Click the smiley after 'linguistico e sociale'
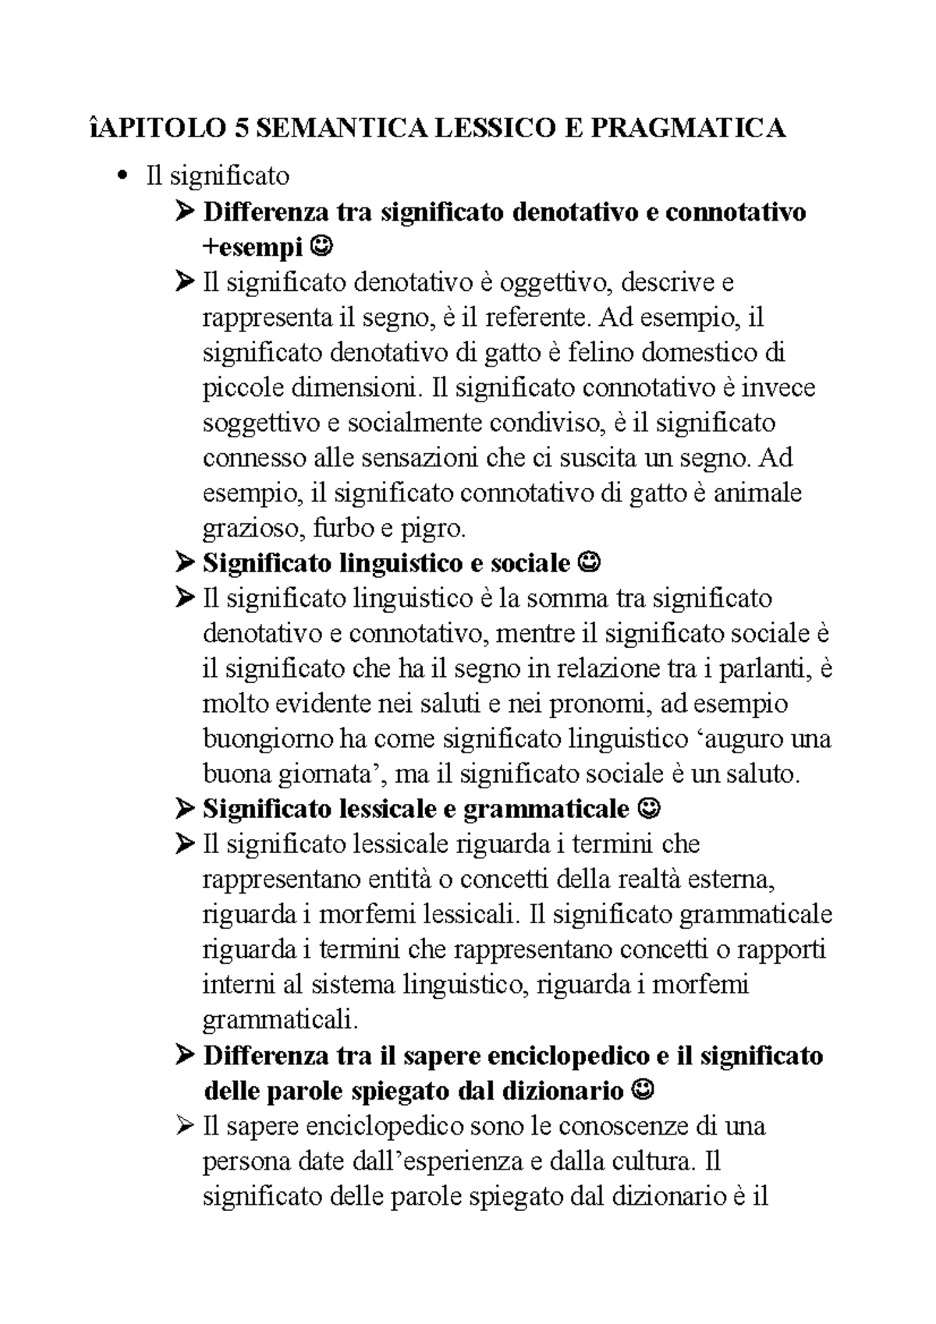point(591,562)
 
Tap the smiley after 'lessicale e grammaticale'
point(649,809)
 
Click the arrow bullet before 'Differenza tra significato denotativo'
point(185,212)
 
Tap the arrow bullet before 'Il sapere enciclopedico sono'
point(185,1126)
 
